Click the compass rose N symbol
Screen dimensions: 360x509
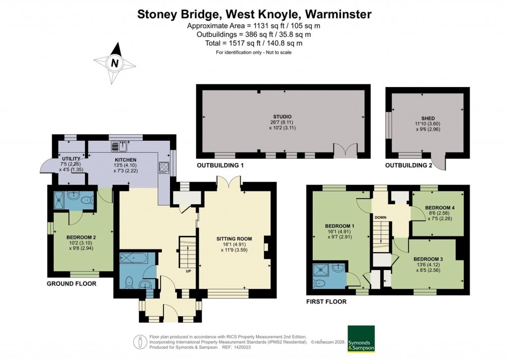coord(115,63)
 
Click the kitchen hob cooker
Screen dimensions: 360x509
coord(164,168)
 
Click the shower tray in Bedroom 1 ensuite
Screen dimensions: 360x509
coord(321,271)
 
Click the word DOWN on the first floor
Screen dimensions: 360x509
coord(381,217)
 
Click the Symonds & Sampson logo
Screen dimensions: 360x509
coord(361,339)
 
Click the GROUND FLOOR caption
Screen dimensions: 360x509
coord(71,284)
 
